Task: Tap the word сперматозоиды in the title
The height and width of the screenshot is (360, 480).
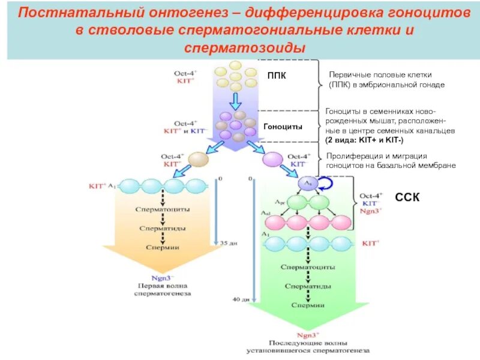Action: tap(245, 47)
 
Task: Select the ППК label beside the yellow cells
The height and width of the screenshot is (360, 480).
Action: tap(277, 75)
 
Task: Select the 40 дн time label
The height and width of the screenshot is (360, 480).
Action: tap(240, 298)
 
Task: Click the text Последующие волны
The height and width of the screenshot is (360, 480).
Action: tap(307, 343)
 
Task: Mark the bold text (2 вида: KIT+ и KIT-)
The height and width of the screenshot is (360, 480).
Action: tap(364, 140)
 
